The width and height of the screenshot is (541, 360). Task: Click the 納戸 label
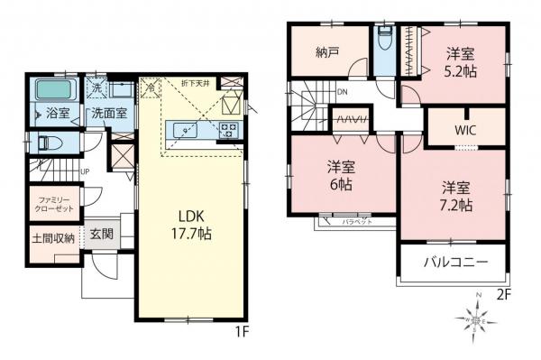[x=326, y=51]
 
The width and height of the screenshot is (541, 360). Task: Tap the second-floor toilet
[x=384, y=41]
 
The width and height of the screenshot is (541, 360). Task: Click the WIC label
[x=464, y=129]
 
